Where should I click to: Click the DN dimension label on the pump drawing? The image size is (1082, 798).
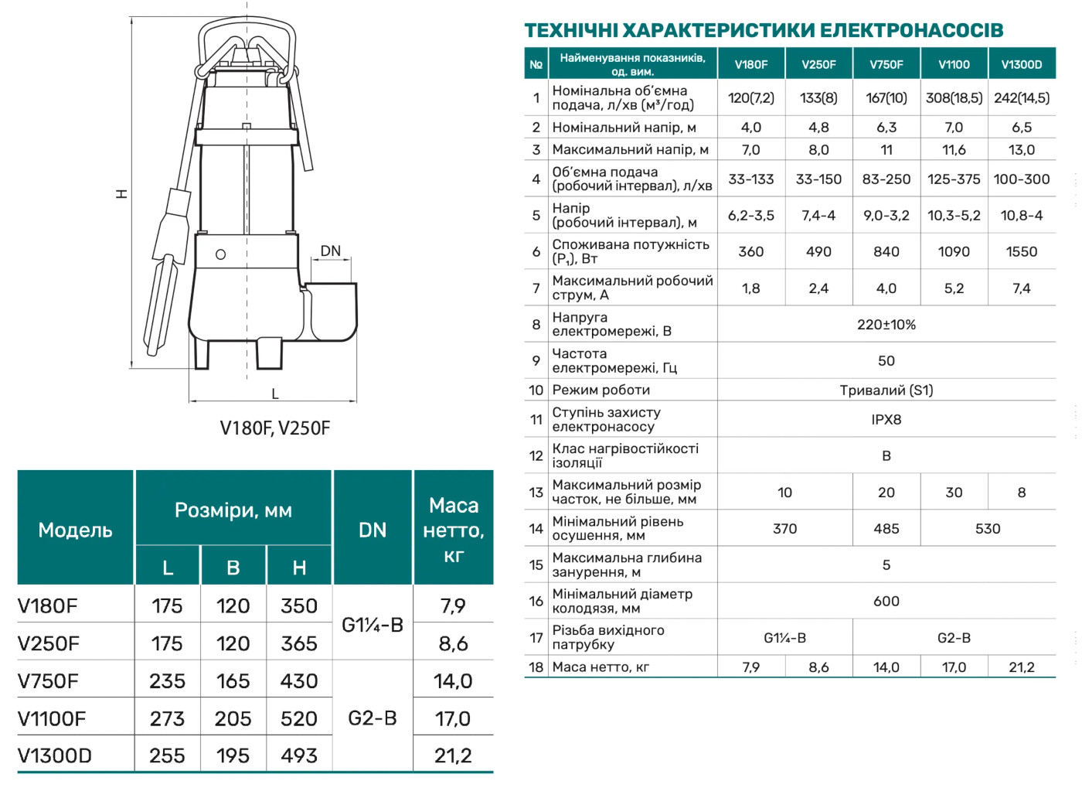330,251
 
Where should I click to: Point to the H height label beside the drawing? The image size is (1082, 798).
122,193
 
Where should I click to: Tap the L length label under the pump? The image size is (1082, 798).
274,394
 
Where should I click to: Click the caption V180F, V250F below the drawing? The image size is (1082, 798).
274,428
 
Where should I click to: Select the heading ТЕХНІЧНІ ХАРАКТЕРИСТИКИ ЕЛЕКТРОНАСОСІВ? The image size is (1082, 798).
764,31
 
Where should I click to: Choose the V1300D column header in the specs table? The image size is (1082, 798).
1021,65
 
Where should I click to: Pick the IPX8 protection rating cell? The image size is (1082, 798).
886,420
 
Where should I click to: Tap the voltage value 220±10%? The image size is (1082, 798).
886,325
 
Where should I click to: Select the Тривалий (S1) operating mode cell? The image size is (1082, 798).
886,390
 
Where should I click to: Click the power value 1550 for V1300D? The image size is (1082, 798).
1021,252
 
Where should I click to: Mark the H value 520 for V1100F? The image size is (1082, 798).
299,719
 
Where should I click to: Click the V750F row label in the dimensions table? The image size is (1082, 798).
48,681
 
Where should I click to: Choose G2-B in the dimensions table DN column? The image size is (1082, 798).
373,718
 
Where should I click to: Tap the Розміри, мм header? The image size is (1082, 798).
233,510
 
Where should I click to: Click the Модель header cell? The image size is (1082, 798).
75,530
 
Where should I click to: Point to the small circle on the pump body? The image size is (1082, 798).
220,254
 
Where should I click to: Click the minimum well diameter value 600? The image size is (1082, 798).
886,602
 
